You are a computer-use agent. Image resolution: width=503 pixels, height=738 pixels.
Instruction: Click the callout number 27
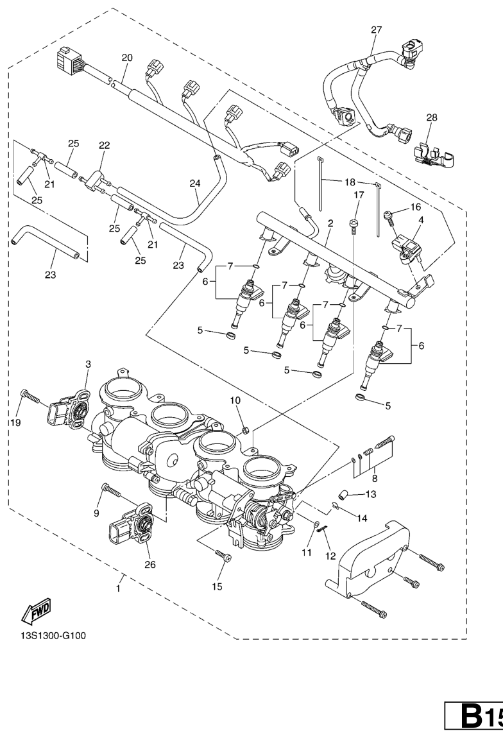pyautogui.click(x=376, y=29)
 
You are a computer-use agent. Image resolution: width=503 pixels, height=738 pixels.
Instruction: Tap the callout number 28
pyautogui.click(x=432, y=118)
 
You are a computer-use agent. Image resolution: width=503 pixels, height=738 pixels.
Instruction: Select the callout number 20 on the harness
pyautogui.click(x=127, y=58)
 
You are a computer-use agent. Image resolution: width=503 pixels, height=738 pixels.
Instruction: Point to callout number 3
pyautogui.click(x=89, y=364)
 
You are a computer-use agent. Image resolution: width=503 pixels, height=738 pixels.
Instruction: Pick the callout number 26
pyautogui.click(x=151, y=565)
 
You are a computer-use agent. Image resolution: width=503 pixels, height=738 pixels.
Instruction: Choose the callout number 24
pyautogui.click(x=195, y=183)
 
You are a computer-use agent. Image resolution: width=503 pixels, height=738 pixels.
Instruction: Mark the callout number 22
pyautogui.click(x=104, y=145)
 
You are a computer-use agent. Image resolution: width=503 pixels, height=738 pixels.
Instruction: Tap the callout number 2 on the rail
pyautogui.click(x=330, y=223)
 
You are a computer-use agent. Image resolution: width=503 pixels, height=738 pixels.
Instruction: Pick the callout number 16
pyautogui.click(x=416, y=207)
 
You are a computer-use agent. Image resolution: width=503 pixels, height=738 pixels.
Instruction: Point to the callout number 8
pyautogui.click(x=375, y=477)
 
